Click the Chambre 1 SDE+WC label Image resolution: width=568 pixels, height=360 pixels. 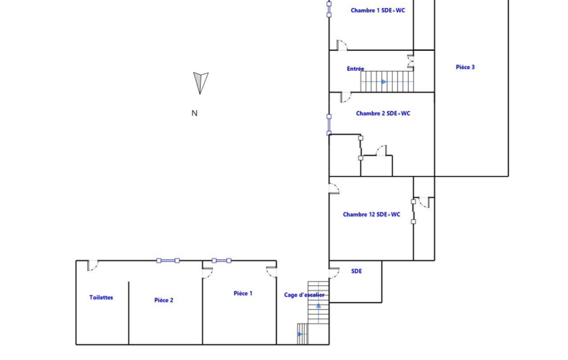pyautogui.click(x=378, y=11)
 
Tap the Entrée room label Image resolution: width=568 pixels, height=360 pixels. pyautogui.click(x=355, y=69)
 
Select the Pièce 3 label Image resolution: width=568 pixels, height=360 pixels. pyautogui.click(x=465, y=67)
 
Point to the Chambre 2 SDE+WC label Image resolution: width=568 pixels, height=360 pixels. pyautogui.click(x=383, y=114)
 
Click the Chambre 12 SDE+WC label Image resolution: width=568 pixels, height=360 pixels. pyautogui.click(x=371, y=214)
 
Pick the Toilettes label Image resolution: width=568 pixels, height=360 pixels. pyautogui.click(x=101, y=297)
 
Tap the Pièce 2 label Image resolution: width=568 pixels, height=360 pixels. pyautogui.click(x=163, y=300)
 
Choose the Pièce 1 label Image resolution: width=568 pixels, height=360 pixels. pyautogui.click(x=243, y=294)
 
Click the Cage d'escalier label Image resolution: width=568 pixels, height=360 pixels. pyautogui.click(x=304, y=295)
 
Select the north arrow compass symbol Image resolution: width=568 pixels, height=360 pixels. pyautogui.click(x=200, y=83)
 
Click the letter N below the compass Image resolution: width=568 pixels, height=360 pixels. pyautogui.click(x=195, y=114)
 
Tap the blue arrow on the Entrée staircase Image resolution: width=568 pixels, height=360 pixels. pyautogui.click(x=384, y=82)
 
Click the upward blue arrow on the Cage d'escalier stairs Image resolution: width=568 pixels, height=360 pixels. pyautogui.click(x=319, y=306)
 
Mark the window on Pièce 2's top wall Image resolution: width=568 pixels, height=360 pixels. pyautogui.click(x=168, y=260)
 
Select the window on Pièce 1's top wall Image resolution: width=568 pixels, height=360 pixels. pyautogui.click(x=221, y=260)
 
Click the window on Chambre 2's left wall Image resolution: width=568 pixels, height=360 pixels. pyautogui.click(x=329, y=125)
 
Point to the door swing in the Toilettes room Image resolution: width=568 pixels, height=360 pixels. pyautogui.click(x=93, y=265)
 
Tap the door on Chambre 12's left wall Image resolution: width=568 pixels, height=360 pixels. pyautogui.click(x=334, y=189)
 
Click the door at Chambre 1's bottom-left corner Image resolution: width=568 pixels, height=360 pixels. pyautogui.click(x=342, y=45)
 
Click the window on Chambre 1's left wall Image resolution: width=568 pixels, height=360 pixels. pyautogui.click(x=329, y=9)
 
